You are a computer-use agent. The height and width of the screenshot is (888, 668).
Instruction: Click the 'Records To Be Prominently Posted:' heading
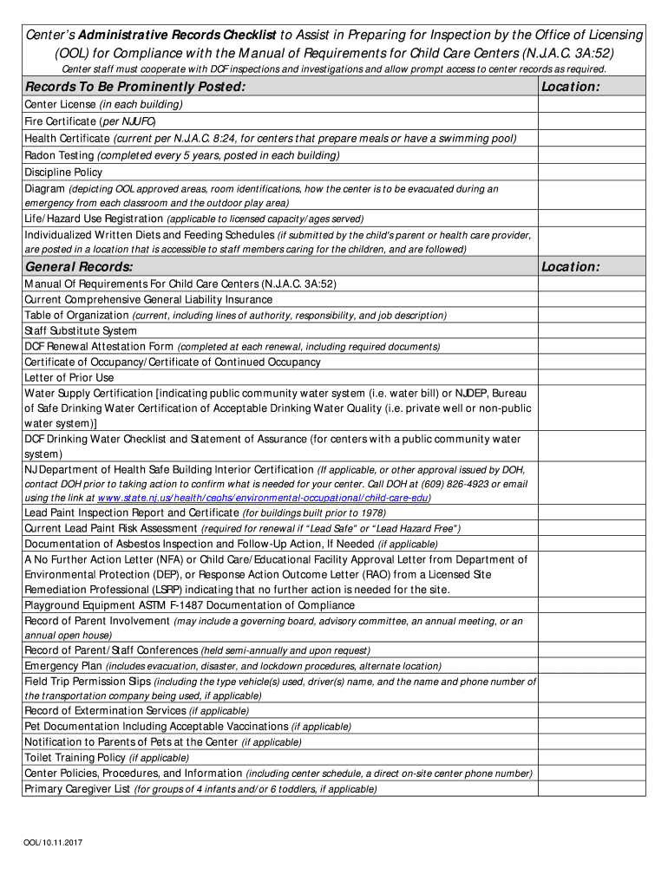click(x=135, y=87)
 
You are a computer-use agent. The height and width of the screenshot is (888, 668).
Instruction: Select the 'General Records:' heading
click(x=79, y=266)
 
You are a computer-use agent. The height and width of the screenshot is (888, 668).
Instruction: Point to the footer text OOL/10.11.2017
click(x=53, y=842)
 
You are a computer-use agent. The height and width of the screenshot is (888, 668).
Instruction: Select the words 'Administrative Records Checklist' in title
click(x=177, y=35)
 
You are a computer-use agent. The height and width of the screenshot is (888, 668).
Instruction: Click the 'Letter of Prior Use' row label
click(x=69, y=377)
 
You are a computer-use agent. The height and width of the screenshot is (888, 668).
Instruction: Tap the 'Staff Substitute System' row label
click(x=81, y=330)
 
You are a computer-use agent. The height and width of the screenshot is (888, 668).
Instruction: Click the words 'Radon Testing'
click(x=60, y=155)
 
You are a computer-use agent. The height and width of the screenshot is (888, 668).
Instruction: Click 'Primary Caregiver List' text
click(x=77, y=788)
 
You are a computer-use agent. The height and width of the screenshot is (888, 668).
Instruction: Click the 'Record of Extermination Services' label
click(x=105, y=710)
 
